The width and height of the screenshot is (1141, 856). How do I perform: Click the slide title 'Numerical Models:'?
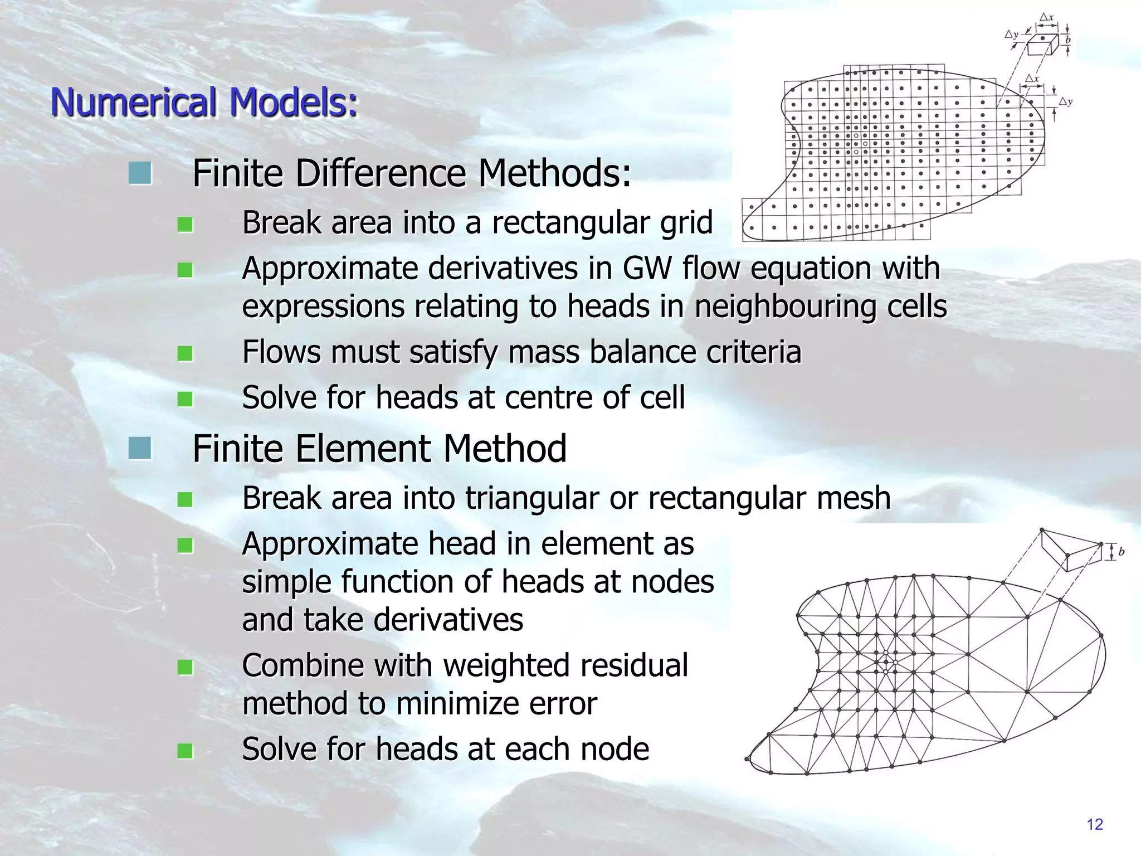(204, 103)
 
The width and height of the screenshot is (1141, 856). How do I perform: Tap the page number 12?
(1095, 824)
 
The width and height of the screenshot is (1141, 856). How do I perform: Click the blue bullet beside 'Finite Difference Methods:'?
(139, 173)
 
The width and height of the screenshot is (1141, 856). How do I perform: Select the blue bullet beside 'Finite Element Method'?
(139, 449)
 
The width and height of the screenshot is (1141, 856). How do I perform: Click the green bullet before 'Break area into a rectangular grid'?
(185, 225)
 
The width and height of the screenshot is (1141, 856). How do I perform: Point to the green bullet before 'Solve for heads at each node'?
(185, 751)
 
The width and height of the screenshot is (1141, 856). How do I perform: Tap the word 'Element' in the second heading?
(363, 449)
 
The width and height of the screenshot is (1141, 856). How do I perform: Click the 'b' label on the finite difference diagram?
(1068, 41)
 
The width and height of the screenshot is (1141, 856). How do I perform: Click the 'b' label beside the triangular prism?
(1121, 552)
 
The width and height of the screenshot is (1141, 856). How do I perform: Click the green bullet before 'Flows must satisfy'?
(185, 354)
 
